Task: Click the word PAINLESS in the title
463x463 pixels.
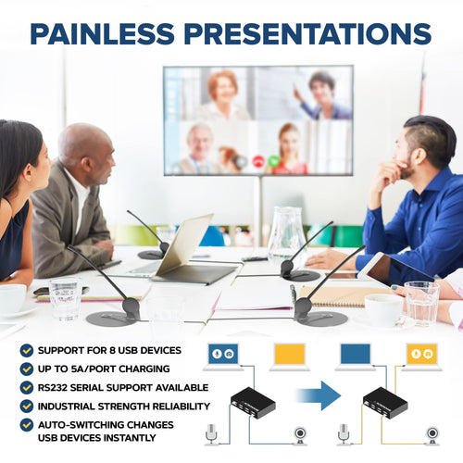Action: [x=102, y=33]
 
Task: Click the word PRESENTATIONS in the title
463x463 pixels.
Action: [x=307, y=33]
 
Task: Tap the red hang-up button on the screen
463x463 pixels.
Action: [x=258, y=161]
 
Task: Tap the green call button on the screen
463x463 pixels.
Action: [x=273, y=161]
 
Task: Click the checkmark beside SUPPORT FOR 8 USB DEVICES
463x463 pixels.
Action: [x=27, y=350]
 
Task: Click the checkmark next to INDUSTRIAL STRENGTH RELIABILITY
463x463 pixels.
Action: [x=27, y=407]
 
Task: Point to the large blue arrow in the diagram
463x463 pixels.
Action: [x=319, y=395]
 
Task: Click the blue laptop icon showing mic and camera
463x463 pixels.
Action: [x=223, y=357]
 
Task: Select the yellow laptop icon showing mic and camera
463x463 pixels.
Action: [x=422, y=357]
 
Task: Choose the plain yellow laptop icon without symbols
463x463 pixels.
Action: [x=290, y=357]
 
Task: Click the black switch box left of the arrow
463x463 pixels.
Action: [x=253, y=403]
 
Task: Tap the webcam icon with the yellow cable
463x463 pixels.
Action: [x=432, y=435]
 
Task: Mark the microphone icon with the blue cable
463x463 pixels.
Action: [x=211, y=434]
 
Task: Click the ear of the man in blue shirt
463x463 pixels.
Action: [x=420, y=156]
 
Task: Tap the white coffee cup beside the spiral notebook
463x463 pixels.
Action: [x=383, y=309]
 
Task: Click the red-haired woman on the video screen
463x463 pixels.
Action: [x=223, y=94]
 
